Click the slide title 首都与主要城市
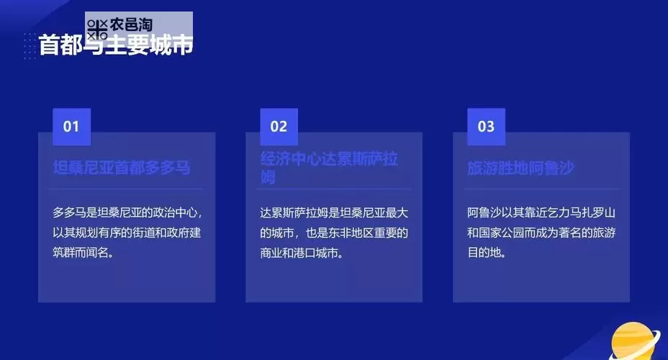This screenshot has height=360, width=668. point(115,45)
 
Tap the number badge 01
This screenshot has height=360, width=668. point(71,127)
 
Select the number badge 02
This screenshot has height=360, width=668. point(279,127)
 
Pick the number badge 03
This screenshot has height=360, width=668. point(486,127)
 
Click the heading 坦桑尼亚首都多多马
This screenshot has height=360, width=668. point(122,168)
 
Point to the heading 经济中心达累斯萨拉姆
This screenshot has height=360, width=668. point(328,167)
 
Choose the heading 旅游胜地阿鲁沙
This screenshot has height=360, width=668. point(520,168)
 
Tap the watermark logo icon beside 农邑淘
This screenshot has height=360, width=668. point(97,30)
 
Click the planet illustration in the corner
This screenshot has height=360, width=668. point(636,343)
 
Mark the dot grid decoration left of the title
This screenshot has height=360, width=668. point(29,46)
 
